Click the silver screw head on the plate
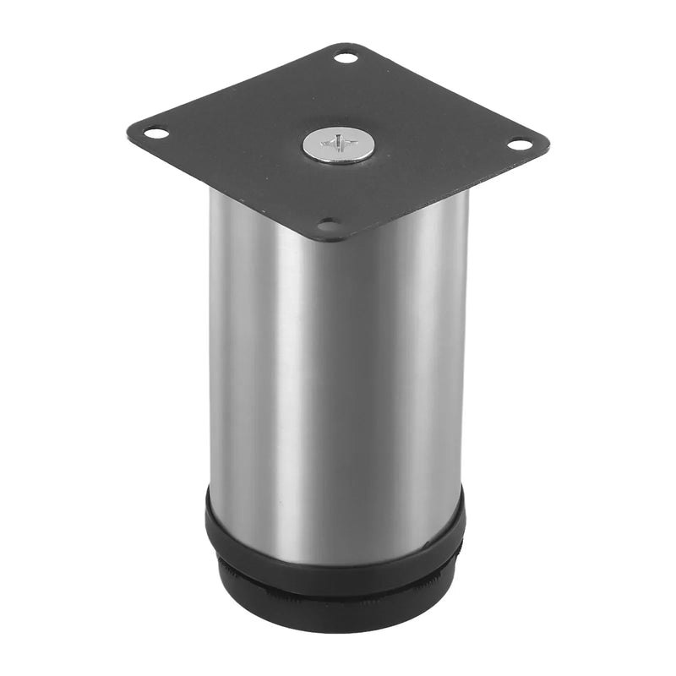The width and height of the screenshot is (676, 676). (338, 148)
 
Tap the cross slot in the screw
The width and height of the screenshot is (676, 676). (338, 144)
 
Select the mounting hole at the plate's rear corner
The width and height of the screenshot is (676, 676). (346, 58)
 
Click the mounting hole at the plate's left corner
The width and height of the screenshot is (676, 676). (155, 132)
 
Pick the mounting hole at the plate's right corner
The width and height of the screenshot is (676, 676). (521, 144)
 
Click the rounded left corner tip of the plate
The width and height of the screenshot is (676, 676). (129, 131)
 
